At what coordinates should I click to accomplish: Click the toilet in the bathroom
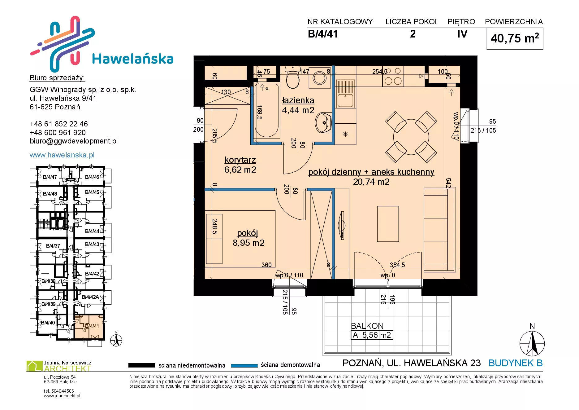pyautogui.click(x=293, y=77)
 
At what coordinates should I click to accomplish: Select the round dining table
pyautogui.click(x=411, y=137)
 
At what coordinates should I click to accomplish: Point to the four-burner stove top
pyautogui.click(x=393, y=76)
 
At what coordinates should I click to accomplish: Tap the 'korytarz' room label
pyautogui.click(x=240, y=160)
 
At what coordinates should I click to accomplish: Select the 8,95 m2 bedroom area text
pyautogui.click(x=248, y=243)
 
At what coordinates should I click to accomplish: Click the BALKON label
pyautogui.click(x=367, y=326)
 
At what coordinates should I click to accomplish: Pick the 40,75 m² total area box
pyautogui.click(x=515, y=38)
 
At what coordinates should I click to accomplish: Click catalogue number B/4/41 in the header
pyautogui.click(x=323, y=34)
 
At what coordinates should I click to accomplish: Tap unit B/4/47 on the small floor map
pyautogui.click(x=50, y=177)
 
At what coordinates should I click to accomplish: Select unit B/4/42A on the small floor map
pyautogui.click(x=90, y=297)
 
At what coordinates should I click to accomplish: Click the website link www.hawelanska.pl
pyautogui.click(x=62, y=155)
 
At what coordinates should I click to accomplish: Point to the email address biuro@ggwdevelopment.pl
pyautogui.click(x=74, y=141)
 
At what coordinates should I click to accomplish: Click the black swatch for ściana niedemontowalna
pyautogui.click(x=141, y=365)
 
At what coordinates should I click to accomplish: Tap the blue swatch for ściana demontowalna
pyautogui.click(x=244, y=365)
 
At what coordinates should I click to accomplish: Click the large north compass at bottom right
pyautogui.click(x=532, y=343)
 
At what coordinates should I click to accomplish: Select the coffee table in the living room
pyautogui.click(x=388, y=223)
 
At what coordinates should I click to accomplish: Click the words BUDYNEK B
pyautogui.click(x=516, y=363)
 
